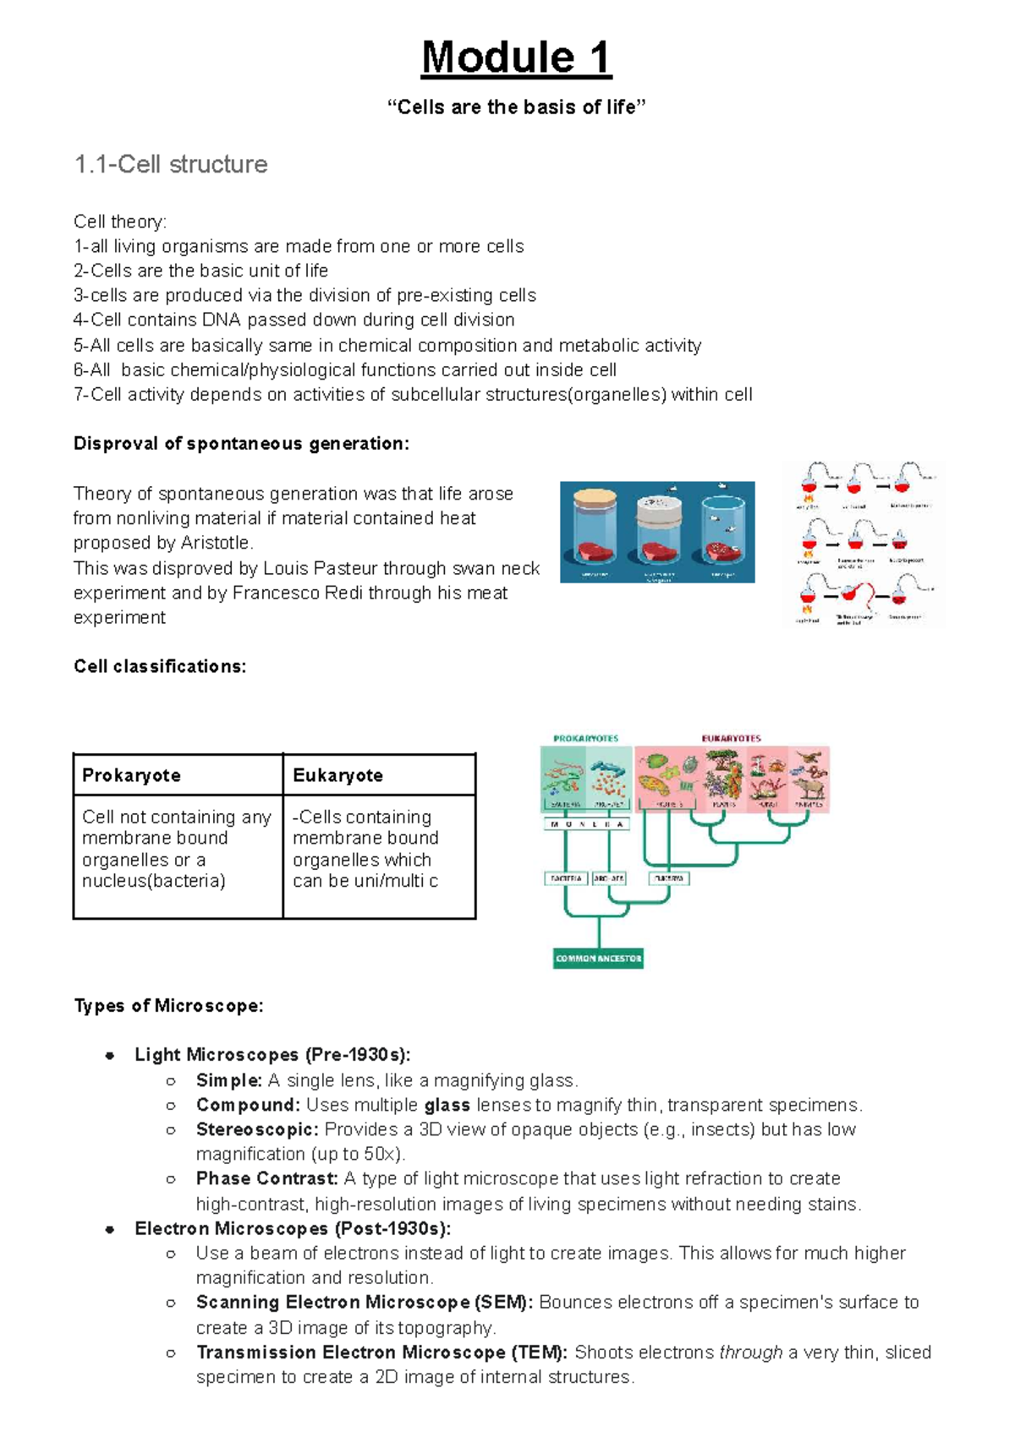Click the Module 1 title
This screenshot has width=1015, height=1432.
[516, 58]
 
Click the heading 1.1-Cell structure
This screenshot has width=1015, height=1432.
[171, 164]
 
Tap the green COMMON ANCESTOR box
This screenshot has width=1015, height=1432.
[598, 959]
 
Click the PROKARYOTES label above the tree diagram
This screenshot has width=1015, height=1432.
[585, 738]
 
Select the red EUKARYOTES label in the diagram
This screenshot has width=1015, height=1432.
[731, 738]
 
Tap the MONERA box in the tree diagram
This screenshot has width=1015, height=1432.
[586, 824]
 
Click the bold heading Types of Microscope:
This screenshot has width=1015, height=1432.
[168, 1006]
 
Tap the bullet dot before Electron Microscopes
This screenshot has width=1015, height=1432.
[110, 1229]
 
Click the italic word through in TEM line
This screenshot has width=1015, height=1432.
[750, 1353]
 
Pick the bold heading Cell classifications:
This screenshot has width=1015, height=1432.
[160, 666]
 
